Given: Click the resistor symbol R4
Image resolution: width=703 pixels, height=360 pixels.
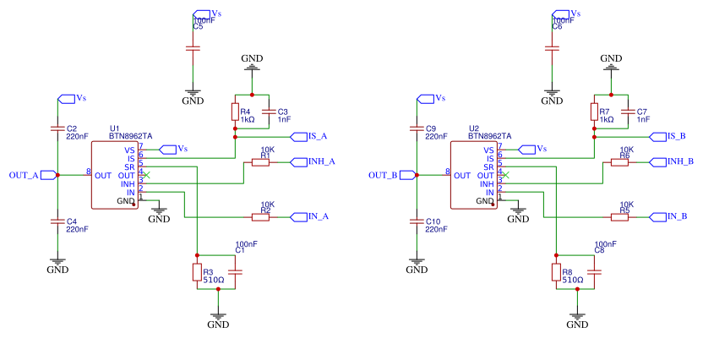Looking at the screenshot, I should click(x=234, y=112).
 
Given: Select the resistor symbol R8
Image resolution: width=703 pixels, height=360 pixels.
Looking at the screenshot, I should click(x=556, y=272).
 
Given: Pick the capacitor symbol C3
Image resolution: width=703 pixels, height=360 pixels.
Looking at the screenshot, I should click(x=270, y=112).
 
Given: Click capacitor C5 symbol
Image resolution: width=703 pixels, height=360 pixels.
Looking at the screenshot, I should click(x=193, y=49).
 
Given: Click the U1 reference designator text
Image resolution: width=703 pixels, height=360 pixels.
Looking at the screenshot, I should click(x=115, y=128).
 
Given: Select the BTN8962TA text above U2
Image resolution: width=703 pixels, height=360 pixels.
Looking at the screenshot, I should click(x=488, y=135).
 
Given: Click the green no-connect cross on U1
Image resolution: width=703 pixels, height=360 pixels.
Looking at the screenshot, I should click(x=146, y=175).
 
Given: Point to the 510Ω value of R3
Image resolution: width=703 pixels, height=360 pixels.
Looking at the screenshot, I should click(x=214, y=279).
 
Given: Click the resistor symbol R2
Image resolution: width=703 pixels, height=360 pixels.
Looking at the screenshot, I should click(x=260, y=217).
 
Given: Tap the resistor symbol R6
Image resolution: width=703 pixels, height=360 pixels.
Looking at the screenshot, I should click(x=619, y=162).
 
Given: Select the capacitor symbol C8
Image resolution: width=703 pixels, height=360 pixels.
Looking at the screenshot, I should click(x=594, y=272).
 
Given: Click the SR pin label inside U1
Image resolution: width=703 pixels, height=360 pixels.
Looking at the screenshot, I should click(x=131, y=166).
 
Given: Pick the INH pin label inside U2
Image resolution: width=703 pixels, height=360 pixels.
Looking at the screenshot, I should click(x=485, y=184).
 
